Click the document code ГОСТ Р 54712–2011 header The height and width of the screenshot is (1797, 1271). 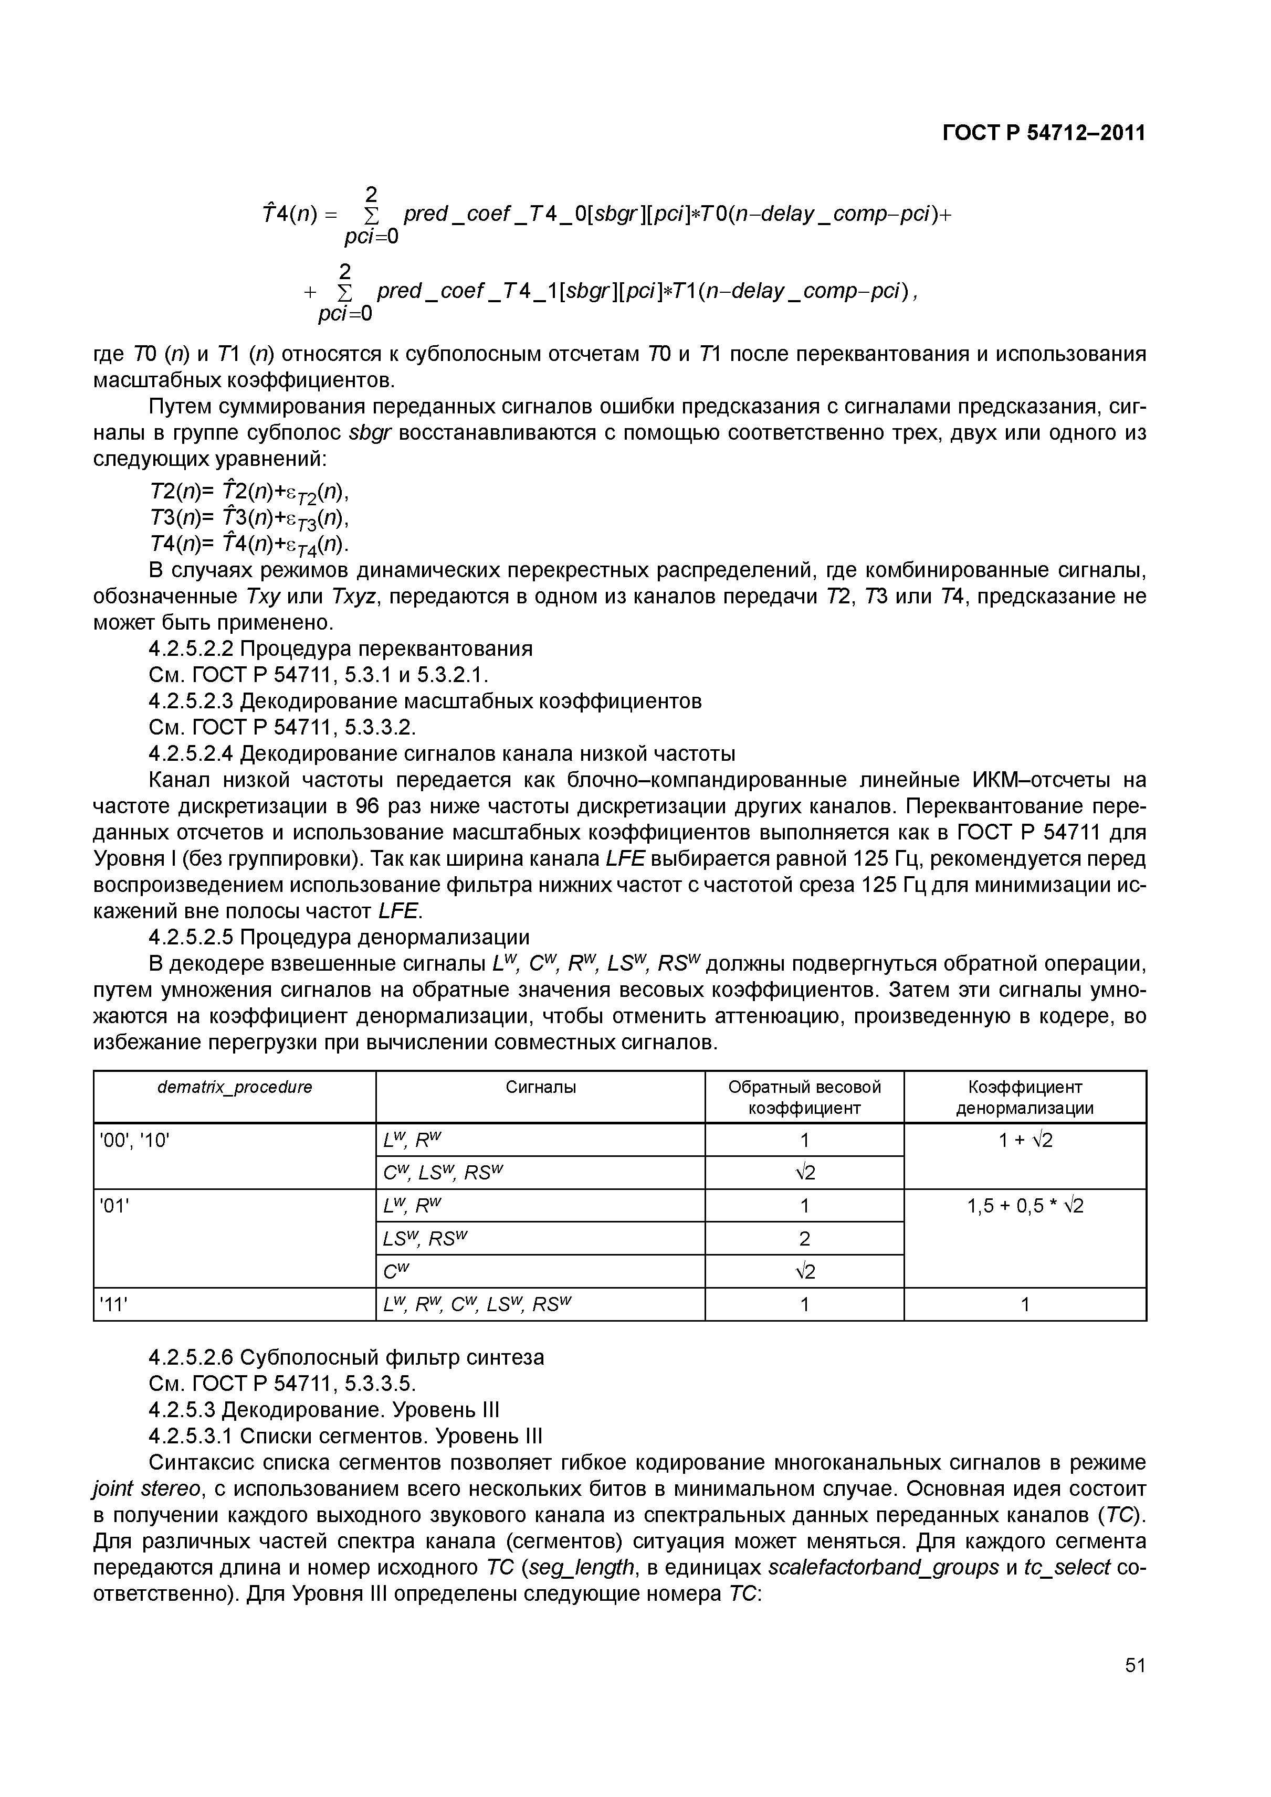[1043, 134]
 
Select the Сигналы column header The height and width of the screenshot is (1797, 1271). [540, 1087]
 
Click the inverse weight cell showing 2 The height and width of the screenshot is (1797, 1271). [804, 1239]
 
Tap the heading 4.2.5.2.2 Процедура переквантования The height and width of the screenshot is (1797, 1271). [341, 649]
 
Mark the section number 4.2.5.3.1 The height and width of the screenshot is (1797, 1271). [191, 1436]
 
